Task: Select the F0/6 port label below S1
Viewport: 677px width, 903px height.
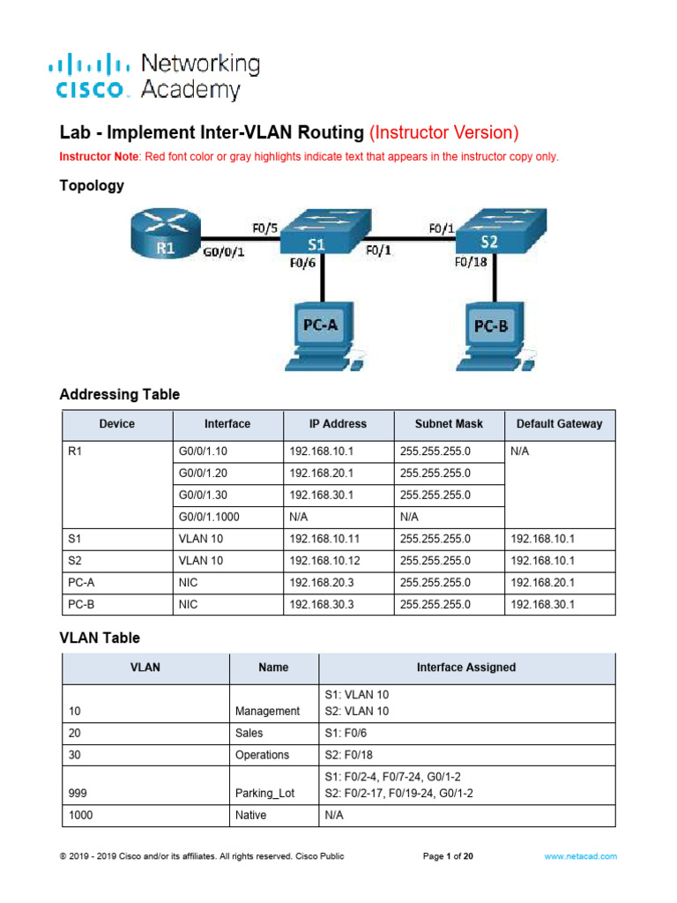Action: [x=303, y=262]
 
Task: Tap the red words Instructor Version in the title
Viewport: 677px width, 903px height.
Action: [x=443, y=133]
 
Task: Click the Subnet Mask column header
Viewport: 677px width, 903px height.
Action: [x=448, y=424]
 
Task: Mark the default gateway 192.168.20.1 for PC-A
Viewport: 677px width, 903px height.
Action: [x=542, y=583]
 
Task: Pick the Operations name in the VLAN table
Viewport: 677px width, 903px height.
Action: [x=262, y=756]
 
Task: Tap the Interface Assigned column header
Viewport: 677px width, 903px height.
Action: [x=467, y=668]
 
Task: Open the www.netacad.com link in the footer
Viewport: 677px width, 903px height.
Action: [x=580, y=856]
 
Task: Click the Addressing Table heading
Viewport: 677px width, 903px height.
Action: [x=119, y=395]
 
